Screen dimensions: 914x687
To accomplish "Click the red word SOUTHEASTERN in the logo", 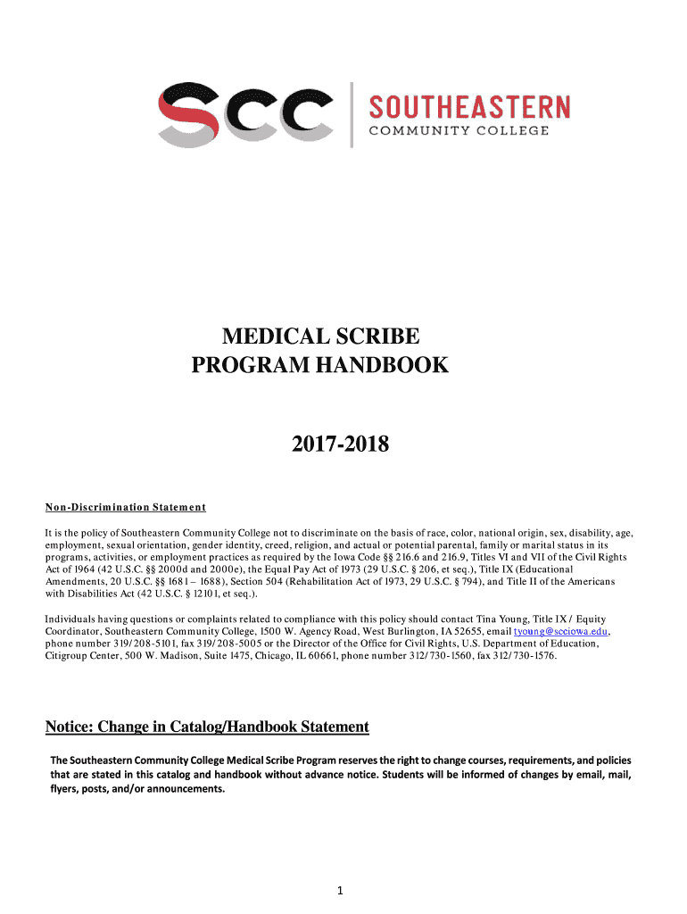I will [x=469, y=108].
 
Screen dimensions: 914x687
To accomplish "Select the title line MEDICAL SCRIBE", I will [x=319, y=337].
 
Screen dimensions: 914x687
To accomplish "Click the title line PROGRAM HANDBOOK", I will [x=320, y=365].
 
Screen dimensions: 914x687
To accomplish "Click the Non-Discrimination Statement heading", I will [x=126, y=508].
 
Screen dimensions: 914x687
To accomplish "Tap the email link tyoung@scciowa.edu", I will [x=559, y=631].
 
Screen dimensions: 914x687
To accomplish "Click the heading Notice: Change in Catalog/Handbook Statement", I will [x=207, y=727].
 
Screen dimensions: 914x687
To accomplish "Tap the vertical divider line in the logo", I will [x=352, y=114].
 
